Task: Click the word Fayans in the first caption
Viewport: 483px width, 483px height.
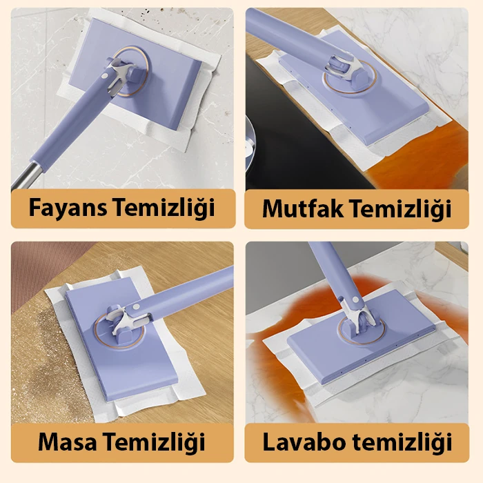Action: click(68, 208)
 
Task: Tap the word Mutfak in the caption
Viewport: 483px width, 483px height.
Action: click(303, 209)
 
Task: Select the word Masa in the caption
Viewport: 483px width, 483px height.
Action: click(67, 442)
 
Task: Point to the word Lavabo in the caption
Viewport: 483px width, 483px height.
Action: click(304, 442)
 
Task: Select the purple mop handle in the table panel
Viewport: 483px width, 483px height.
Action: click(181, 296)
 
